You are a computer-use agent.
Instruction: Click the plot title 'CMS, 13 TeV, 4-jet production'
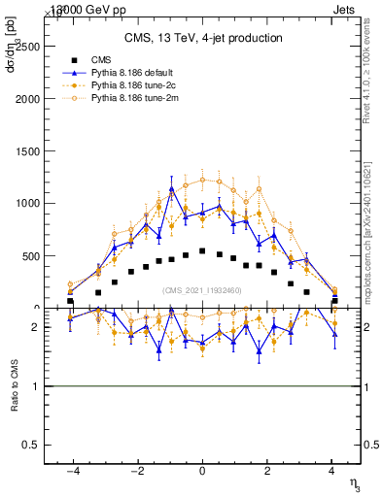tap(202, 38)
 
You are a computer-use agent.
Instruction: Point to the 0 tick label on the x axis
tap(202, 470)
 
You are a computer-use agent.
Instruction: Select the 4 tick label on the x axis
tap(333, 470)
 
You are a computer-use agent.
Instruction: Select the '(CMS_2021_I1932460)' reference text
tap(202, 289)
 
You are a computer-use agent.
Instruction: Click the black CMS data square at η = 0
tap(202, 250)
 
